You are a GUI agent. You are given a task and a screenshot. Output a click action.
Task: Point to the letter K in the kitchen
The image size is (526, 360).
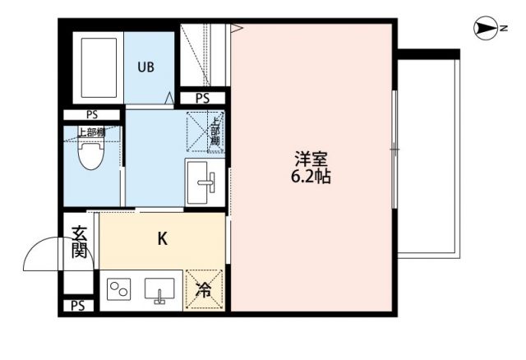pyautogui.click(x=163, y=239)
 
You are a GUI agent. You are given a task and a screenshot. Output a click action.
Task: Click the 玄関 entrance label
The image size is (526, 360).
pyautogui.click(x=79, y=242)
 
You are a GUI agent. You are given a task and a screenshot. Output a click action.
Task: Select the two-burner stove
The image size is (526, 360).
pyautogui.click(x=119, y=291)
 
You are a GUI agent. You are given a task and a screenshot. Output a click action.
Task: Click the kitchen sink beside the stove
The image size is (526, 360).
pyautogui.click(x=158, y=291)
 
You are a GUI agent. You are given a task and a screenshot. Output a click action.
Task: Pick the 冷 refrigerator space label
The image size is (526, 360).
pyautogui.click(x=203, y=290)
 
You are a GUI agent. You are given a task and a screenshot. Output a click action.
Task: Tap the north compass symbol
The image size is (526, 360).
pyautogui.click(x=486, y=30)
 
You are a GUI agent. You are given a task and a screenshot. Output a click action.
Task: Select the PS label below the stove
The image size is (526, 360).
pyautogui.click(x=78, y=307)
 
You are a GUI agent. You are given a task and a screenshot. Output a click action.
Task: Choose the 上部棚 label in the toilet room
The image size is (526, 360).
pyautogui.click(x=90, y=131)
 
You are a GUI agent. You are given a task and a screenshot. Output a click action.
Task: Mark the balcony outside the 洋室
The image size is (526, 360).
pyautogui.click(x=427, y=156)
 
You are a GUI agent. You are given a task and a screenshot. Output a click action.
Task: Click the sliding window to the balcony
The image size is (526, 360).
pyautogui.click(x=394, y=148)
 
